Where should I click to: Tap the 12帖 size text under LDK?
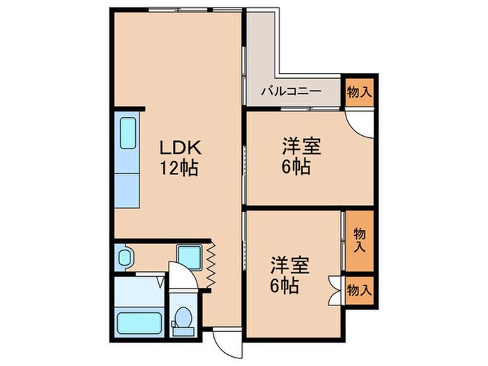180,168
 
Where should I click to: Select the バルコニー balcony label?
291,91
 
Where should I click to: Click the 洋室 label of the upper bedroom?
296,148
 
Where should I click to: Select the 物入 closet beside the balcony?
358,91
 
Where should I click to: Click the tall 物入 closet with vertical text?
359,239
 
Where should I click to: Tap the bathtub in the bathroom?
139,323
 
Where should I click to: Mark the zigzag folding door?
211,265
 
